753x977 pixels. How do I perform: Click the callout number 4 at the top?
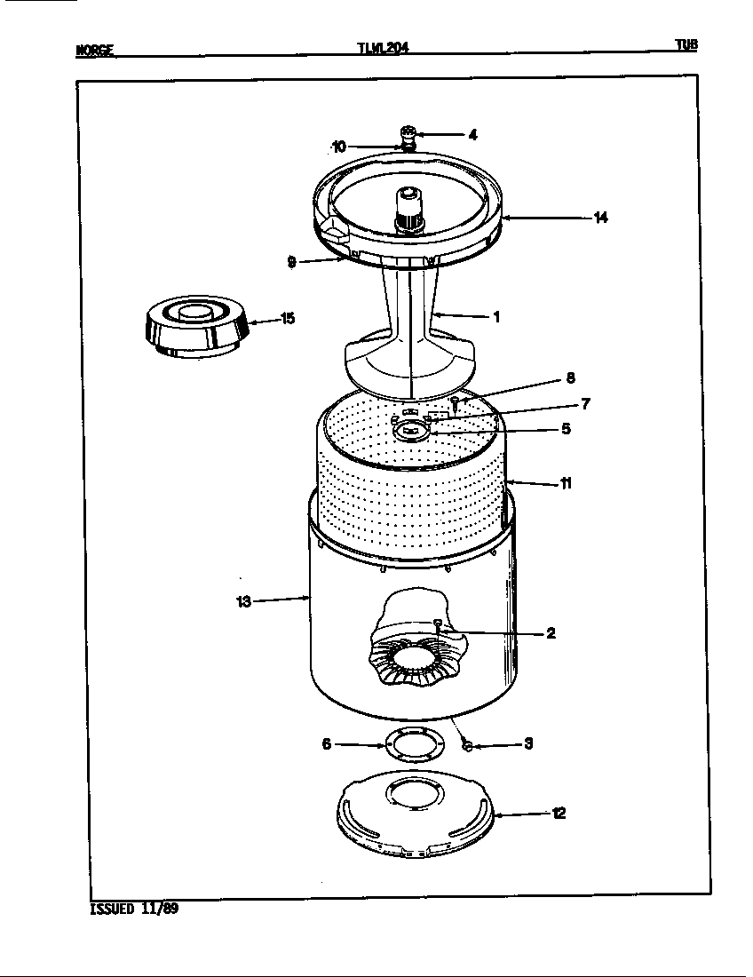tap(473, 135)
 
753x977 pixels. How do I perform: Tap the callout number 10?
tap(338, 147)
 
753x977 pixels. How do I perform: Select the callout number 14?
tap(601, 217)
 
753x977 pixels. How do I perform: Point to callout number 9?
tap(291, 262)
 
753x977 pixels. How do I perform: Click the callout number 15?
tap(288, 319)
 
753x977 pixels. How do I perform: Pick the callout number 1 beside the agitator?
tap(495, 316)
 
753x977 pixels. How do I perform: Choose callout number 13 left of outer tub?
tap(244, 602)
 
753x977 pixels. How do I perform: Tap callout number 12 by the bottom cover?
tap(559, 813)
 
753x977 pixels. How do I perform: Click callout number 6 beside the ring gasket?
tap(327, 744)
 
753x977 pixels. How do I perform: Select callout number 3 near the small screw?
tap(528, 744)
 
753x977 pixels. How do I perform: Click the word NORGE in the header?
tap(95, 51)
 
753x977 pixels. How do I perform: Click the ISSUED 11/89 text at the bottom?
tap(135, 909)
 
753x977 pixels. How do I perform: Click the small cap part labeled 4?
tap(408, 134)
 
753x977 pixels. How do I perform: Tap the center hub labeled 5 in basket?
tap(411, 431)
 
